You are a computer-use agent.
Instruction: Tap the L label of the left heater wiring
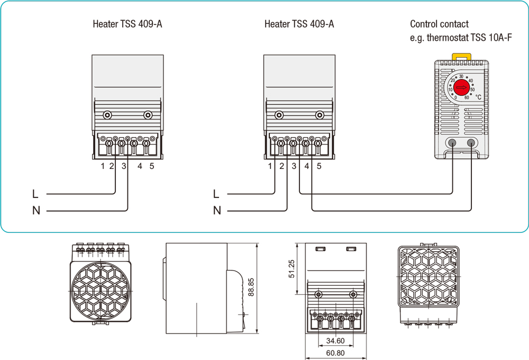[35, 194]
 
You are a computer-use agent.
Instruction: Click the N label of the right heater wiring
[217, 211]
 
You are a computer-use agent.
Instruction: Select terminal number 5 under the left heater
[152, 167]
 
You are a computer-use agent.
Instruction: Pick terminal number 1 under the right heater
[270, 167]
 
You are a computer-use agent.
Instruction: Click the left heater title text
[127, 24]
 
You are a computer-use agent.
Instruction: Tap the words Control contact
[439, 24]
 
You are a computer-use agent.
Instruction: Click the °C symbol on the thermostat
[478, 97]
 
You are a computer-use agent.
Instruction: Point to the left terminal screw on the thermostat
[452, 142]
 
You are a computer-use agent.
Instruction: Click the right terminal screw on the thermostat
[471, 142]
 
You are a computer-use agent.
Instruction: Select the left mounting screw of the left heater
[107, 115]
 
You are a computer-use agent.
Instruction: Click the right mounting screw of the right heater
[319, 115]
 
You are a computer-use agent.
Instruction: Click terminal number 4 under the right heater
[307, 167]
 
